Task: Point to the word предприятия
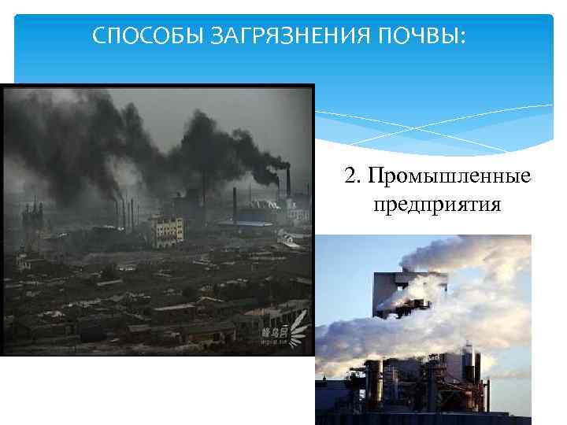437,205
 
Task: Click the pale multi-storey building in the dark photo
168,230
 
